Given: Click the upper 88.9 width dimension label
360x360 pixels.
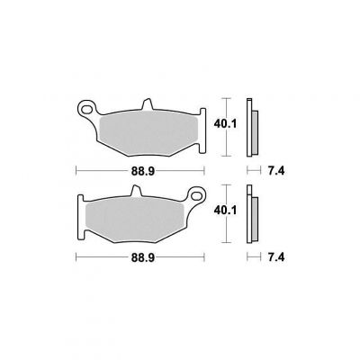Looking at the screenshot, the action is pyautogui.click(x=142, y=171).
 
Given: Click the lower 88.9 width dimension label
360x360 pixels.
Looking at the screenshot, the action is pyautogui.click(x=142, y=257).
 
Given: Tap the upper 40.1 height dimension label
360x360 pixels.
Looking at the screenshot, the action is pyautogui.click(x=225, y=123).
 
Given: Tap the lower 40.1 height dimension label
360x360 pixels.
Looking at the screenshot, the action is pyautogui.click(x=225, y=210).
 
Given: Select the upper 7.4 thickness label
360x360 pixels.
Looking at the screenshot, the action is pyautogui.click(x=276, y=171).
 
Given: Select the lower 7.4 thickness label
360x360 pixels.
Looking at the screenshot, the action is pyautogui.click(x=276, y=257).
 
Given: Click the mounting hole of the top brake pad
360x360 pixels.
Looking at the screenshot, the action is pyautogui.click(x=87, y=109).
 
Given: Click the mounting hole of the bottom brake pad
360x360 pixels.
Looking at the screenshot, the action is pyautogui.click(x=196, y=195).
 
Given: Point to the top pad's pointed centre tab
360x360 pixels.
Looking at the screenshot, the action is pyautogui.click(x=147, y=104).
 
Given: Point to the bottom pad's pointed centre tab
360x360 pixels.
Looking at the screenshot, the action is pyautogui.click(x=137, y=191).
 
